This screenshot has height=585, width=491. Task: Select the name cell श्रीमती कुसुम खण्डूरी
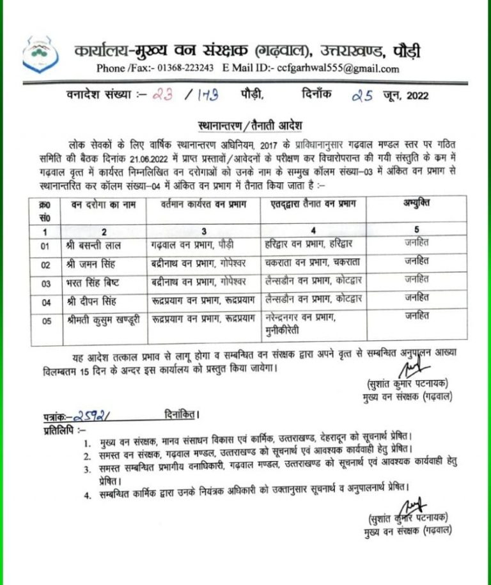tap(100, 322)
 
